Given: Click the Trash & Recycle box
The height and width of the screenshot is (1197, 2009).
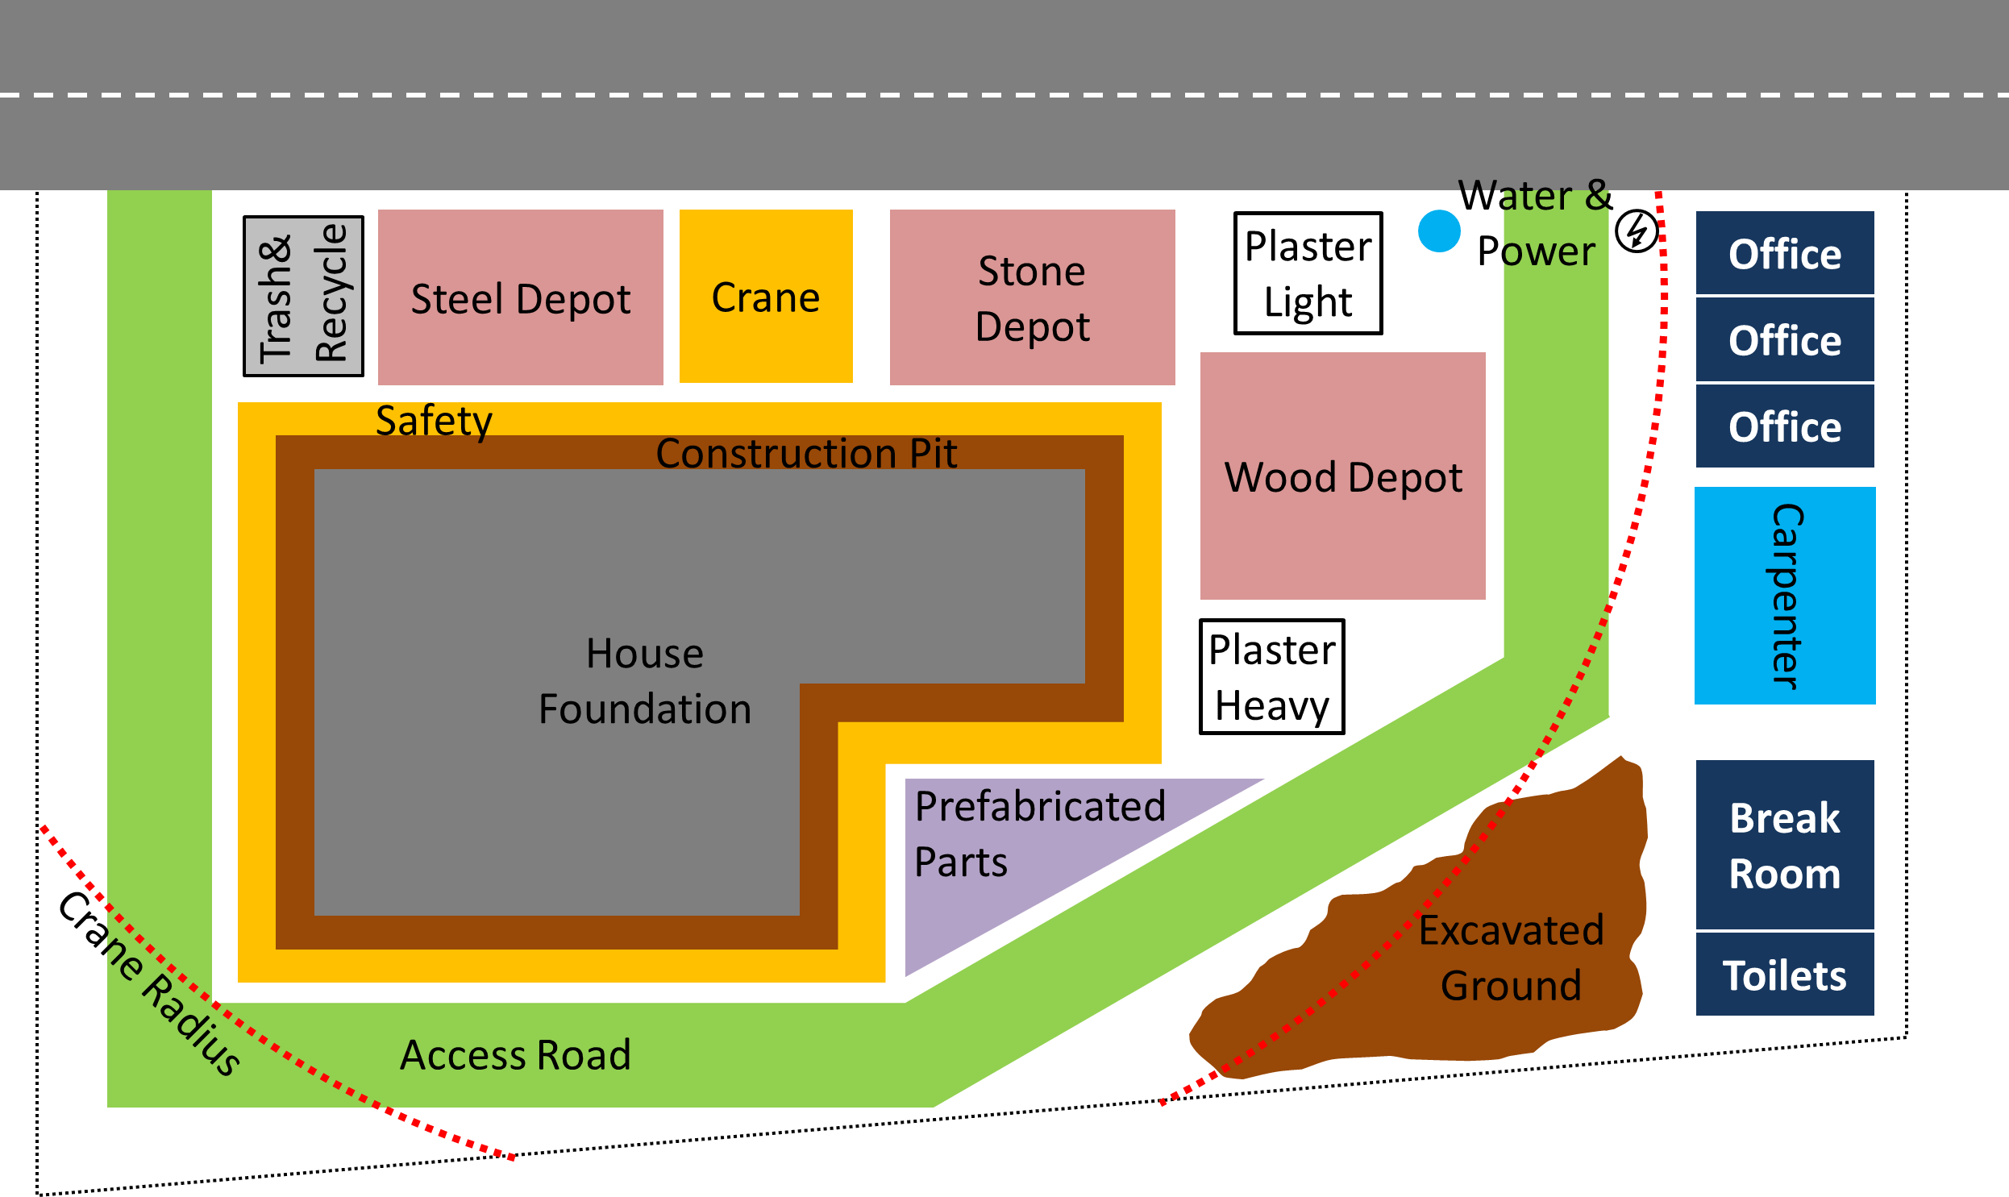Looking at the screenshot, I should tap(303, 296).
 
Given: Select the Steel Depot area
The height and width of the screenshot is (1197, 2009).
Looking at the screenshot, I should tap(520, 297).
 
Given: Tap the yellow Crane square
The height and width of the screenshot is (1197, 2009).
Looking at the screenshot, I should tap(765, 296).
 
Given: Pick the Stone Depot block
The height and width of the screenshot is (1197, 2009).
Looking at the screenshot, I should tap(1032, 297).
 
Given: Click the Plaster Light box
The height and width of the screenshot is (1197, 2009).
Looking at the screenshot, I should tap(1308, 273).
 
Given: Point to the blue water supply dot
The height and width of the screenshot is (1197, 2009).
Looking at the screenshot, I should tap(1439, 231).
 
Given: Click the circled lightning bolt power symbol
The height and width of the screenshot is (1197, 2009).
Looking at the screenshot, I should tap(1637, 231).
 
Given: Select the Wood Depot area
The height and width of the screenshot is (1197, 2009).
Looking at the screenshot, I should tap(1342, 476).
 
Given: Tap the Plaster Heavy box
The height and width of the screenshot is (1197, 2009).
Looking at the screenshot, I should tap(1271, 677).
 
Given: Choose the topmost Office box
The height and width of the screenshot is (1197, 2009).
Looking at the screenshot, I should tap(1784, 253).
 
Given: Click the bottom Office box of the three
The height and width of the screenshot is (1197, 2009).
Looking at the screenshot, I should tap(1784, 426).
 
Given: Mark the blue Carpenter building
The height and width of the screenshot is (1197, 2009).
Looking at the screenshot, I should tap(1784, 595).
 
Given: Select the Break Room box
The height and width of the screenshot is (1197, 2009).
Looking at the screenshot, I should tap(1784, 845).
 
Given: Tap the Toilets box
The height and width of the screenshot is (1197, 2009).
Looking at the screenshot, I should tap(1784, 975).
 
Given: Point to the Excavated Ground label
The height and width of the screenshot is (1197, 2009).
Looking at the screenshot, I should tap(1511, 958).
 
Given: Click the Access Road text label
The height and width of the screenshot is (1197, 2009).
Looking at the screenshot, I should tap(515, 1054).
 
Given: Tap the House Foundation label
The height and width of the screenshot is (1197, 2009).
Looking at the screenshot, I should tap(644, 681).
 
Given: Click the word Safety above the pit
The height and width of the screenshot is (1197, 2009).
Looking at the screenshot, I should tap(434, 420).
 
